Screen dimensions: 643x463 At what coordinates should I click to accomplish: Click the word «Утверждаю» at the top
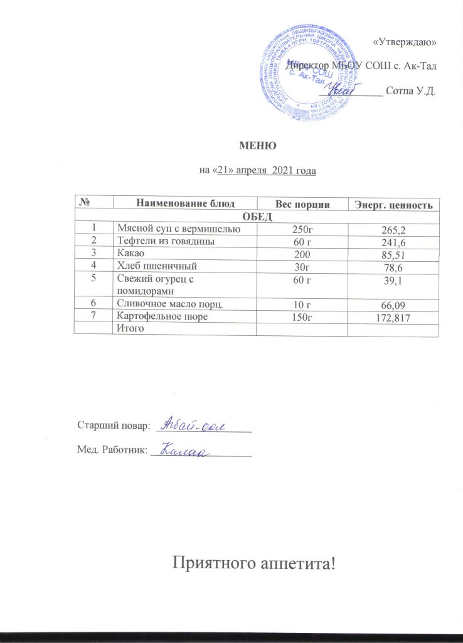point(405,42)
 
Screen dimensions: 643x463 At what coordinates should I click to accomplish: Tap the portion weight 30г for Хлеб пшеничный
point(303,266)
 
